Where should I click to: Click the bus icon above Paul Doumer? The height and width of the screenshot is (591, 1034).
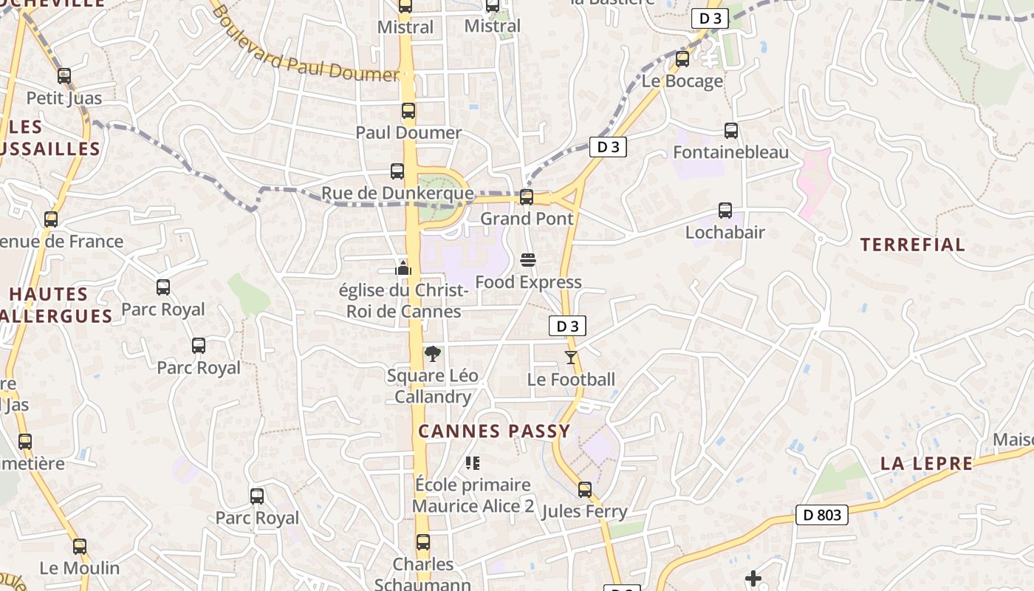pos(408,112)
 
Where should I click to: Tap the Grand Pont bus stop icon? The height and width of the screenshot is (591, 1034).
pos(527,197)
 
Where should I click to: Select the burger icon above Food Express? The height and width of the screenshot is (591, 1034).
pos(528,260)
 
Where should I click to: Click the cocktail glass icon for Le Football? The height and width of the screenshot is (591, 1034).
pos(571,358)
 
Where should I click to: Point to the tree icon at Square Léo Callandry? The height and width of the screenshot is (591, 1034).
pos(433,354)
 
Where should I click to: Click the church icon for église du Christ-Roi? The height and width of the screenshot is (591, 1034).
pos(403,267)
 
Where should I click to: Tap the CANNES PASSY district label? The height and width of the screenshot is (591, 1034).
pos(494,431)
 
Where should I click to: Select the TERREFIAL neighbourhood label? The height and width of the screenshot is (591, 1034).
pos(913,245)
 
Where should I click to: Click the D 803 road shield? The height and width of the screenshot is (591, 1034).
pos(822,515)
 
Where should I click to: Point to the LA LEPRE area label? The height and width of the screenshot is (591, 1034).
pos(926,464)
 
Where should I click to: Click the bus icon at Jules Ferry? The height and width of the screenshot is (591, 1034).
pos(585,490)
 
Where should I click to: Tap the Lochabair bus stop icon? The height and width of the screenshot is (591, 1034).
pos(725,211)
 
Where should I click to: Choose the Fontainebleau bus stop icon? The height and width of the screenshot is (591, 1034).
pos(731,131)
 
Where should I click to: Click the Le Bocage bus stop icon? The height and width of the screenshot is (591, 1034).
pos(682,59)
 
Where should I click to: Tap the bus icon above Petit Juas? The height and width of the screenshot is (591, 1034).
pos(64,76)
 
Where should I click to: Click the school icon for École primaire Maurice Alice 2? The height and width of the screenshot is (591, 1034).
pos(473,463)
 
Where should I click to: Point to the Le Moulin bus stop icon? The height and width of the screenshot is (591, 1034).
pos(80,547)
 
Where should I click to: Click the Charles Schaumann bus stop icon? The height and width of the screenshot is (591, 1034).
pos(423,543)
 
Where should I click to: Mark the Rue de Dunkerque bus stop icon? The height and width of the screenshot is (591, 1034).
pos(397,171)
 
